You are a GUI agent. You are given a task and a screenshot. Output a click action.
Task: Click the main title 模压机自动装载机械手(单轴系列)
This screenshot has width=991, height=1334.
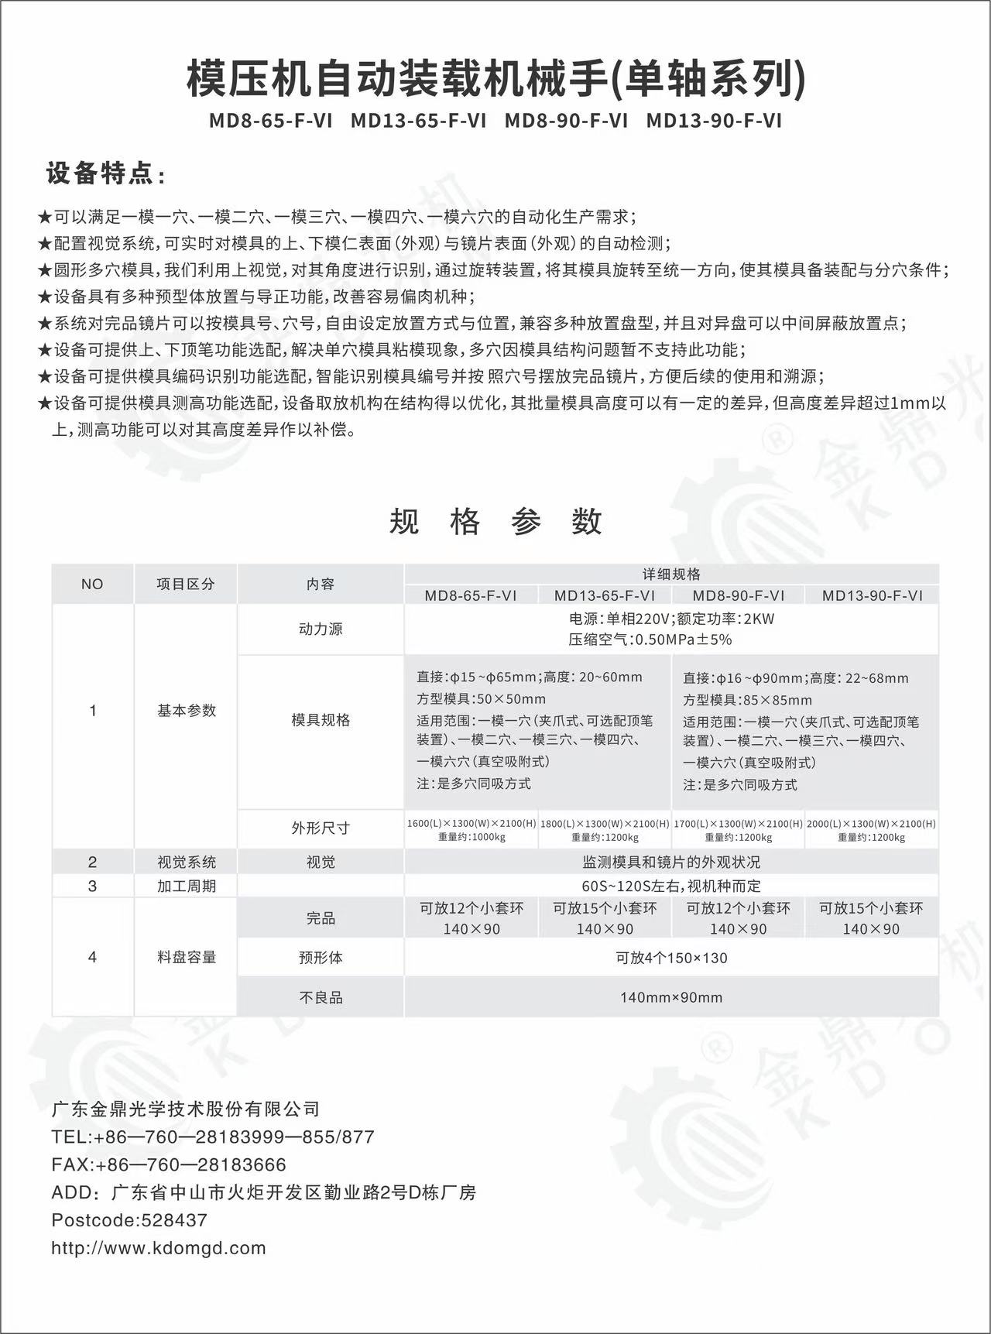tap(495, 80)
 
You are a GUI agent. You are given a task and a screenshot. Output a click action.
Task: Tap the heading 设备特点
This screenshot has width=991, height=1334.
tap(105, 174)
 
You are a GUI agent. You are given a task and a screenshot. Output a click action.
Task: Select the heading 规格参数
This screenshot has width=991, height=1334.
tap(495, 521)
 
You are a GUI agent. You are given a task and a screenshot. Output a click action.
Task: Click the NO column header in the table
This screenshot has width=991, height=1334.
tap(92, 585)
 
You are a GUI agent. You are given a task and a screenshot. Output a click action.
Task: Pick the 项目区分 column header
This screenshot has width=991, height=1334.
tap(186, 585)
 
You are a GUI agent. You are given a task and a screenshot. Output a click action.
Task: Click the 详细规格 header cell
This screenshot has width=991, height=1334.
tap(671, 574)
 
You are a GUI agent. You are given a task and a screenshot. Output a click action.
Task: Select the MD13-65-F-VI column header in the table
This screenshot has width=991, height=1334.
tap(605, 595)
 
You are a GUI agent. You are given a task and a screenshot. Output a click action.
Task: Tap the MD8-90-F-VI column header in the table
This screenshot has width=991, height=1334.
tap(738, 595)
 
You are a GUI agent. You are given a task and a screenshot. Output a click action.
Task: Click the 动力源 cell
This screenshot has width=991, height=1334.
tap(321, 629)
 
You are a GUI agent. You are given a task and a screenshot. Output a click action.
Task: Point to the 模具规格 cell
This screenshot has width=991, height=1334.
tap(321, 720)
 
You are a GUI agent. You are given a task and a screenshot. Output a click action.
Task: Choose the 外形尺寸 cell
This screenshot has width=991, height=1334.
tap(321, 828)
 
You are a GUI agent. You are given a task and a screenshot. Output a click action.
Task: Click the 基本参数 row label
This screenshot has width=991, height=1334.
tap(186, 711)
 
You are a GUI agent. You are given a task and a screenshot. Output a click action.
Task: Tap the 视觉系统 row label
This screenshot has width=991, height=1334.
tap(186, 862)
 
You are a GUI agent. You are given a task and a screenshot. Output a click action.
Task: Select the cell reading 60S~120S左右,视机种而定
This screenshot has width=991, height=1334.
tap(671, 886)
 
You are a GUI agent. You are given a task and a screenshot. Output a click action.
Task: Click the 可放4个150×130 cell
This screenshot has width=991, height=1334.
tap(671, 958)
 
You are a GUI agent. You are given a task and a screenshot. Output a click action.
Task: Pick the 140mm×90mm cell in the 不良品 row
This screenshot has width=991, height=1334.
tap(671, 997)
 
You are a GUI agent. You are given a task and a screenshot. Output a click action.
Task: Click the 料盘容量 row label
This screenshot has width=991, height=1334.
tap(186, 958)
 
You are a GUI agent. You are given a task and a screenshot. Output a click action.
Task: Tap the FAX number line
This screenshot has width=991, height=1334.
tap(169, 1164)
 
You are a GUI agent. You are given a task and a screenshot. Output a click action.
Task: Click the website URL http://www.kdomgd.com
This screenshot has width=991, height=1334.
tap(159, 1248)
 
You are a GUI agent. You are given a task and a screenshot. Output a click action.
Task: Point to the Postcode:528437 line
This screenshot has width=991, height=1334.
tap(129, 1220)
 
